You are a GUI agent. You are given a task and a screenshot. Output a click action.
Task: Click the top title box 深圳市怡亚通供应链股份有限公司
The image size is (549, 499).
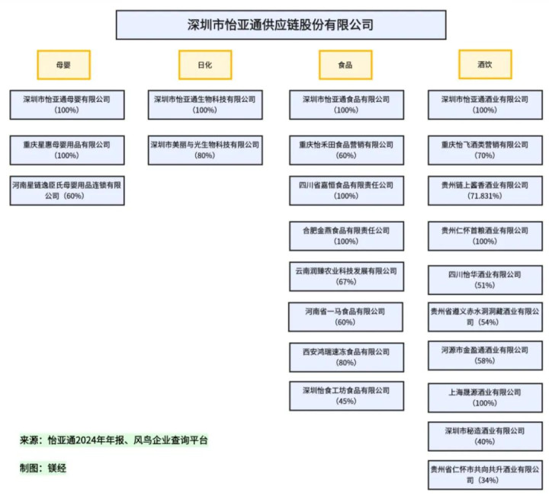(x=281, y=24)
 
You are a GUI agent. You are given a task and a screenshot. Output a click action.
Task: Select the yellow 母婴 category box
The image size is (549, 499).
(x=63, y=65)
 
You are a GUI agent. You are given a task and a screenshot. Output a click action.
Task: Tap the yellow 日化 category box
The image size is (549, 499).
(x=204, y=65)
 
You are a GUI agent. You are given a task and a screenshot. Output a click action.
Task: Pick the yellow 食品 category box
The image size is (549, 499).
(x=345, y=65)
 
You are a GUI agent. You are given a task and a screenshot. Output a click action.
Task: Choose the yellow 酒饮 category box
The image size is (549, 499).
(x=485, y=65)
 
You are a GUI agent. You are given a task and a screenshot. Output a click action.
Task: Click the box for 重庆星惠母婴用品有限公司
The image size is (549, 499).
(x=67, y=149)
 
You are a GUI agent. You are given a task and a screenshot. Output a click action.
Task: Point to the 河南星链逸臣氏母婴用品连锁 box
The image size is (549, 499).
(x=67, y=190)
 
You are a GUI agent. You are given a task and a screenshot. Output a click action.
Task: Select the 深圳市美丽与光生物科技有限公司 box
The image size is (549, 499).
(x=205, y=149)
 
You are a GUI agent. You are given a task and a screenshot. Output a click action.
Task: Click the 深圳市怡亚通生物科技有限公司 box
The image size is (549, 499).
(x=205, y=104)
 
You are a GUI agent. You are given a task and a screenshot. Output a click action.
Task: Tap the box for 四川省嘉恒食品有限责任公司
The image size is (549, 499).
(x=346, y=190)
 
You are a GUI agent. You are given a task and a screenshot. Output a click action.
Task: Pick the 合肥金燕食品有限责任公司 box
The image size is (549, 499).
(x=346, y=235)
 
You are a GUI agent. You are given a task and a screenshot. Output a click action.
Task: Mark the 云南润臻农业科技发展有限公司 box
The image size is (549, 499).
(x=346, y=276)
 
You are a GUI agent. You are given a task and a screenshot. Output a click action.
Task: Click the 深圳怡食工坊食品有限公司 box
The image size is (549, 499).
(x=346, y=395)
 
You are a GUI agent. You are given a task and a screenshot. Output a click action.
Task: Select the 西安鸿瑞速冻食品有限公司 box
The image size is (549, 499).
(x=346, y=357)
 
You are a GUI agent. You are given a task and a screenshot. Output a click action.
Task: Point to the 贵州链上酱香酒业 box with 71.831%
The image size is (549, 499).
(x=485, y=190)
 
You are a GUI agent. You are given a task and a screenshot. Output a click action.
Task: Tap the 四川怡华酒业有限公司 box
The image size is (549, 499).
(x=485, y=280)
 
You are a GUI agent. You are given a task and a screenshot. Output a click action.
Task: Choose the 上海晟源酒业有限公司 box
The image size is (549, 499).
(x=485, y=397)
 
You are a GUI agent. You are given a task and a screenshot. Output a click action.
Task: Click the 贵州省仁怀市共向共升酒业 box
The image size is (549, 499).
(x=485, y=474)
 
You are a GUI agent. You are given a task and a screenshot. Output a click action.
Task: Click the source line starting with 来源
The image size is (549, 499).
(x=114, y=440)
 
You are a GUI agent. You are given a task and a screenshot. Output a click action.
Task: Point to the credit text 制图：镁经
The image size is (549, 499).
(x=44, y=468)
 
